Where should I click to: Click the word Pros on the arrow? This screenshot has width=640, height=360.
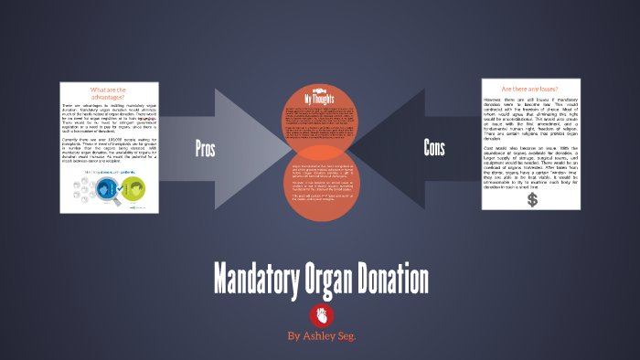[x=207, y=149]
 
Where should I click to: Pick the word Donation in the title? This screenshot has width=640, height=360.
[x=395, y=279]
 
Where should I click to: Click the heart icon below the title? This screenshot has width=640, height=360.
[x=320, y=314]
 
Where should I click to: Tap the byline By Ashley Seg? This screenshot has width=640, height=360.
[x=320, y=336]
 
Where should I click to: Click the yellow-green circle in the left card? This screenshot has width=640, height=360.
[x=134, y=188]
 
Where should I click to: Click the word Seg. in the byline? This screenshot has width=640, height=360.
[x=346, y=336]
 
